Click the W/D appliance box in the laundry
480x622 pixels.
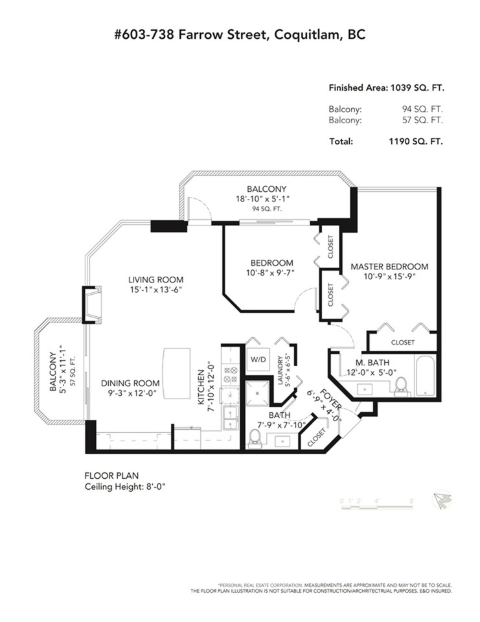coord(258,360)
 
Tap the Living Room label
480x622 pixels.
coord(155,279)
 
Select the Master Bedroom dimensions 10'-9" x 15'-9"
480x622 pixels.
coord(389,277)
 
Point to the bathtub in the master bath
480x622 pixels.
coord(425,375)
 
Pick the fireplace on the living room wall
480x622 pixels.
coord(93,305)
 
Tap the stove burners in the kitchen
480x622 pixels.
coord(231,375)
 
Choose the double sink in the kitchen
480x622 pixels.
coord(231,418)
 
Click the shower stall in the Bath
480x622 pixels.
coord(257,393)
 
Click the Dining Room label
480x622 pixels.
coord(130,383)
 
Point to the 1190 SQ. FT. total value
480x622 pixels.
coord(416,141)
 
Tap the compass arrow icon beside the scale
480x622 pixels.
coord(442,500)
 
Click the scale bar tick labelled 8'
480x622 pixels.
coord(412,501)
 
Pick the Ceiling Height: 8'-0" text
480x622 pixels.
coord(125,487)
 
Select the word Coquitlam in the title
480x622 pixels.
coord(308,35)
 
